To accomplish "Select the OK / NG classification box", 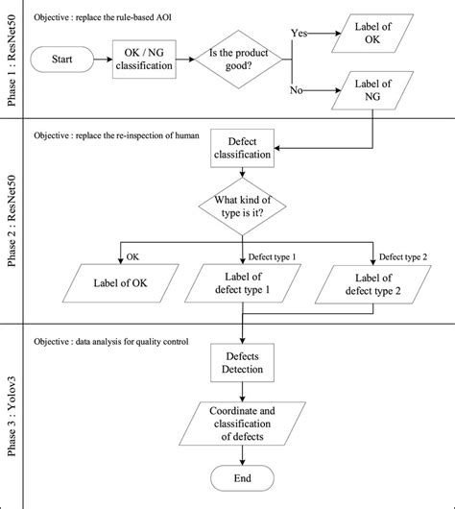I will (x=145, y=61).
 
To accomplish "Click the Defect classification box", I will (x=244, y=147).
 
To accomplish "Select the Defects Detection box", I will (x=243, y=362).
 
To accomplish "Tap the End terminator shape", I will (x=243, y=477).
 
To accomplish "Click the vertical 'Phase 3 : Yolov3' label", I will (x=15, y=416).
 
